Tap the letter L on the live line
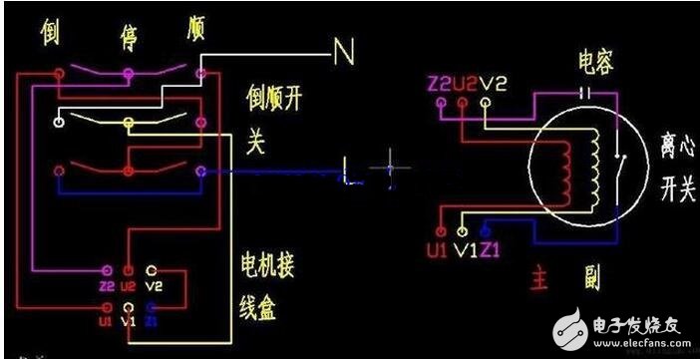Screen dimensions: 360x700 click(347, 169)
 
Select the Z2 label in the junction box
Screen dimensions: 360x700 click(107, 285)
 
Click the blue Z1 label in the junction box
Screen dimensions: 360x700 click(151, 322)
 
